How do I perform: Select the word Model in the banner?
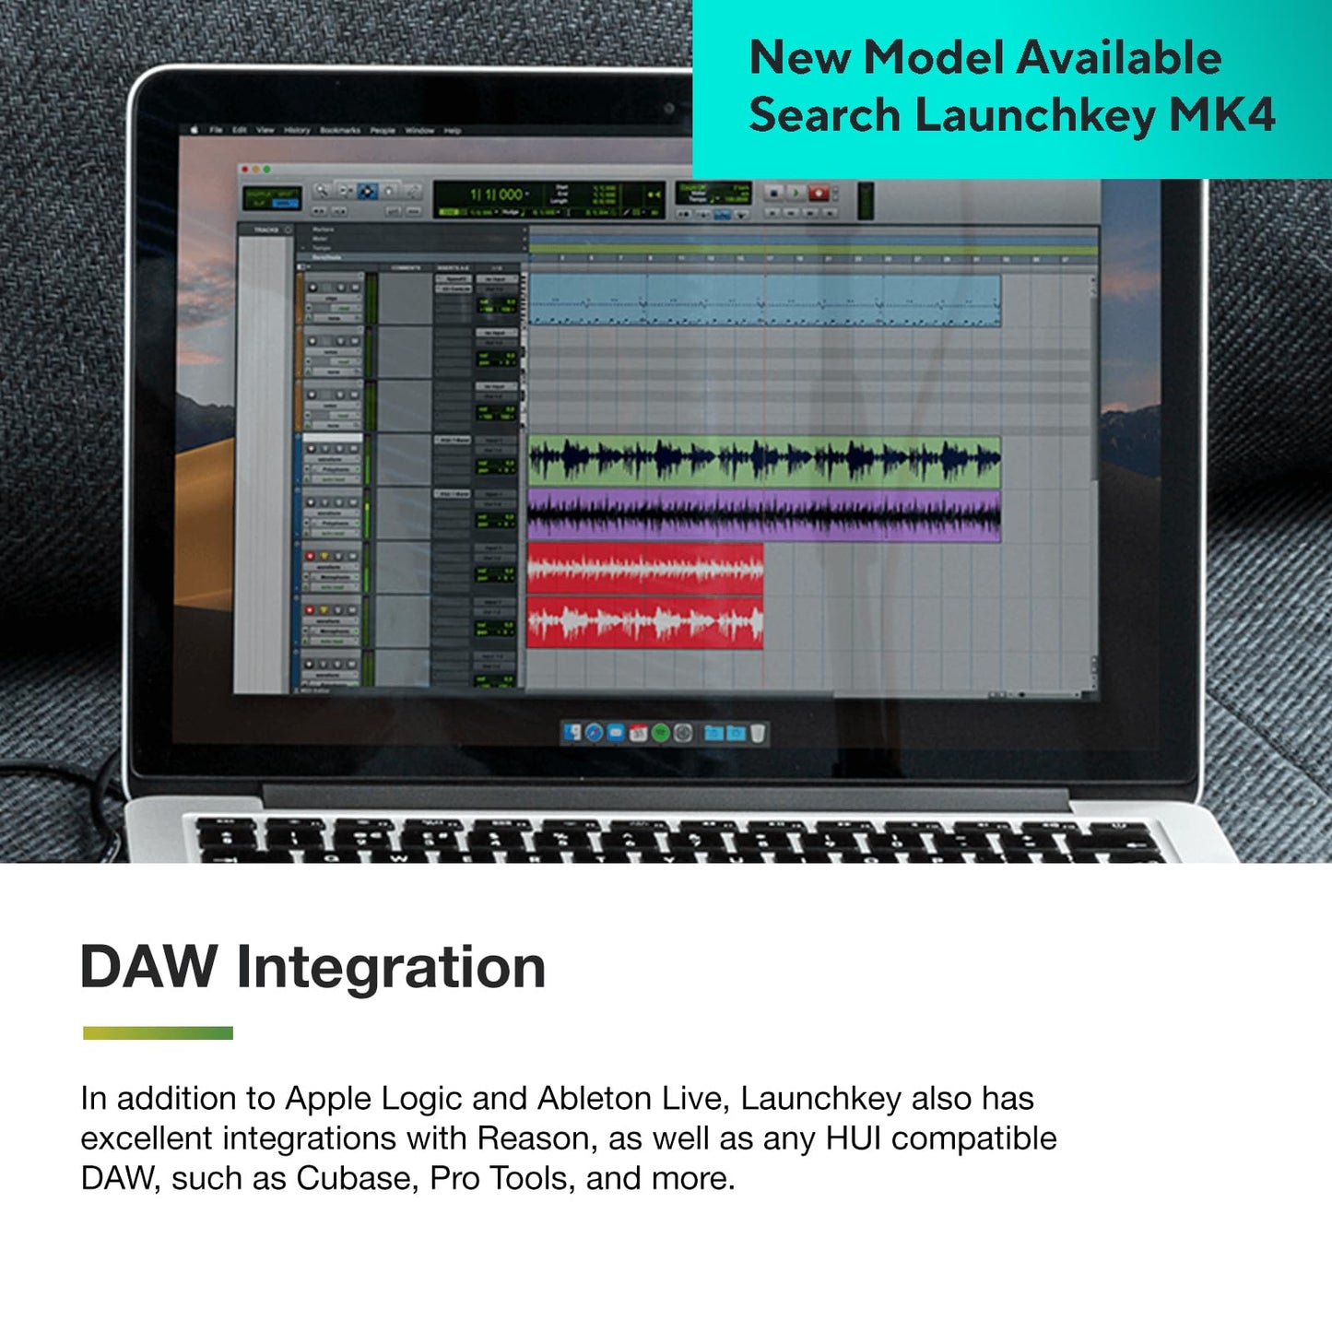pyautogui.click(x=934, y=57)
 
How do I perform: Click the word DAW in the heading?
pyautogui.click(x=148, y=967)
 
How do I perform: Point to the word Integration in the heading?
pyautogui.click(x=391, y=967)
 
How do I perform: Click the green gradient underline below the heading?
pyautogui.click(x=158, y=1032)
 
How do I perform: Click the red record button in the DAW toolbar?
pyautogui.click(x=818, y=193)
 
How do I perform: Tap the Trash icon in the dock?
pyautogui.click(x=758, y=734)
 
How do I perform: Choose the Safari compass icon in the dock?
pyautogui.click(x=595, y=734)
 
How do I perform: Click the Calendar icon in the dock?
pyautogui.click(x=638, y=734)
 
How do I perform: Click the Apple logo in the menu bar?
pyautogui.click(x=194, y=130)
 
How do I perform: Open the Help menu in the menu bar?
pyautogui.click(x=452, y=131)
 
